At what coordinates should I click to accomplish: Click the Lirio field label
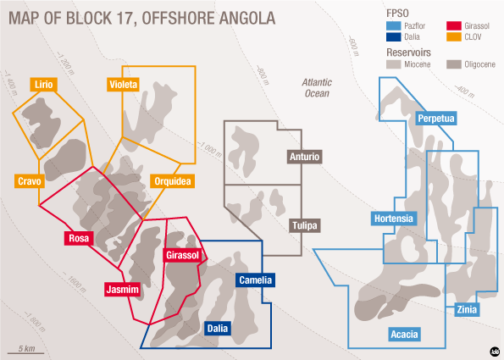[44, 84]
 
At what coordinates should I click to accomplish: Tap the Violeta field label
[124, 84]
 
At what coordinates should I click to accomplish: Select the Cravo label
[32, 181]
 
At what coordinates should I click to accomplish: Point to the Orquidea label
[173, 181]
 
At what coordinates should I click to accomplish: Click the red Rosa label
[79, 239]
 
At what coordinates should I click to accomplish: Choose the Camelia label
[255, 279]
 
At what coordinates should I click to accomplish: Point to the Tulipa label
[305, 226]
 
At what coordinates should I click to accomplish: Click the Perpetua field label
[437, 119]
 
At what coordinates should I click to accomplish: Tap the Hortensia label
[394, 219]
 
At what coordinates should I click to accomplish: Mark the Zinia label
[466, 310]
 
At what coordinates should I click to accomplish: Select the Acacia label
[404, 335]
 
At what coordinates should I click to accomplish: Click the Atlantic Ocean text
[318, 87]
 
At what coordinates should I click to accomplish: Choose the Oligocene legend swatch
[454, 64]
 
